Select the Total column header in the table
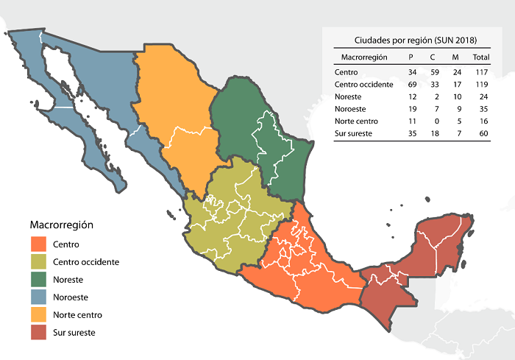pyautogui.click(x=481, y=57)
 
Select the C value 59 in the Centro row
pyautogui.click(x=433, y=72)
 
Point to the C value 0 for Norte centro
pyautogui.click(x=433, y=122)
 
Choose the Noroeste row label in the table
pyautogui.click(x=349, y=110)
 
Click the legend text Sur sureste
pyautogui.click(x=74, y=333)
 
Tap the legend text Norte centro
pyautogui.click(x=77, y=315)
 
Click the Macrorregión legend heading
pyautogui.click(x=62, y=224)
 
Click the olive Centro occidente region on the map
pyautogui.click(x=228, y=221)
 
